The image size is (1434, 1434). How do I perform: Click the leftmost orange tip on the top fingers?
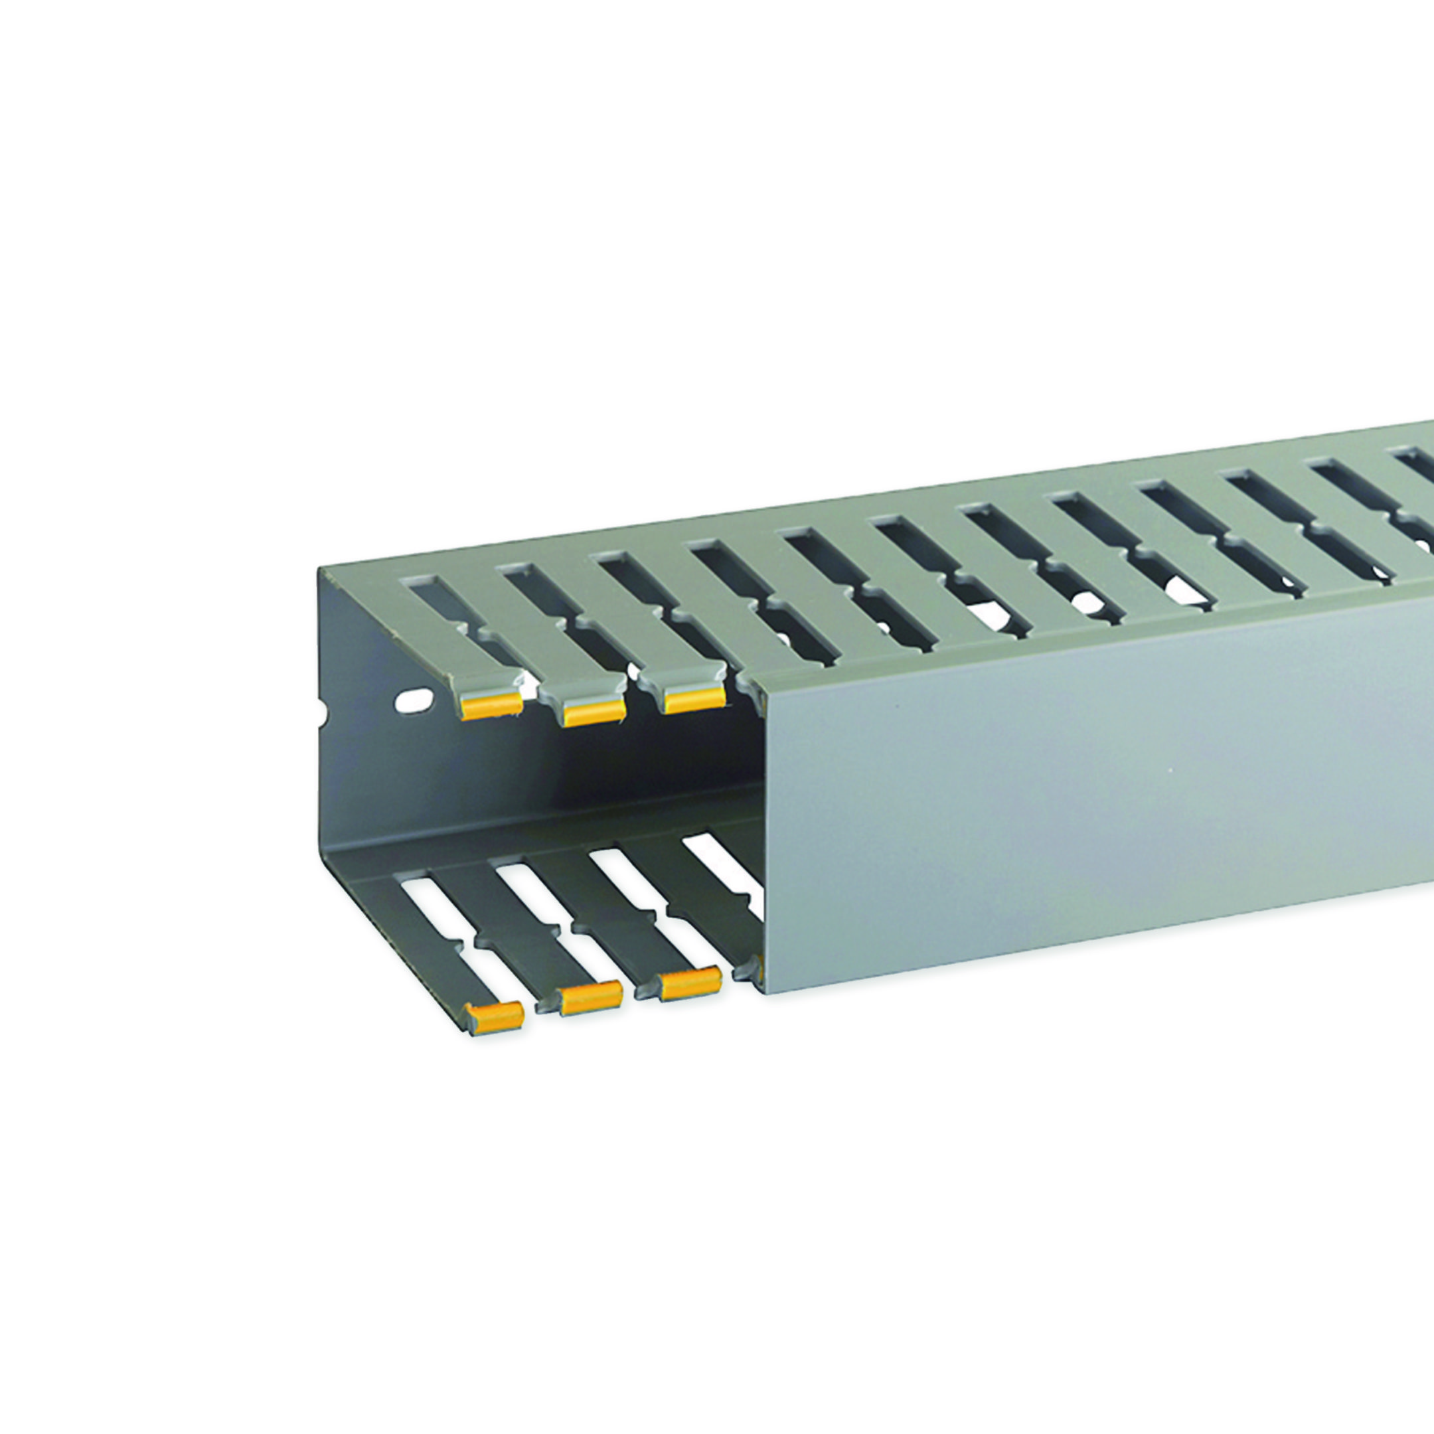click(491, 707)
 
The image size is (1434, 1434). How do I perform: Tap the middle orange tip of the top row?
click(594, 711)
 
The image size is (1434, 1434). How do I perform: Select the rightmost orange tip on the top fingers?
click(694, 698)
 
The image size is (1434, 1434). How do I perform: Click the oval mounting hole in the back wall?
click(414, 699)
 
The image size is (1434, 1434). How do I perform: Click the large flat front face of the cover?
click(1076, 779)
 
